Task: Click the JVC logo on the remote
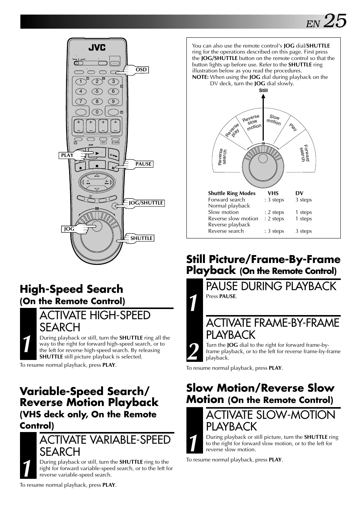point(97,48)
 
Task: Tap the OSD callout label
point(141,69)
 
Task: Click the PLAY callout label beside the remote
point(67,155)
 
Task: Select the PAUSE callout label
point(143,164)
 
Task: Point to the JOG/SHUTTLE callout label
point(146,203)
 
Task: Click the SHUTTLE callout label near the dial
point(142,238)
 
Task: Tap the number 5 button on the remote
point(97,91)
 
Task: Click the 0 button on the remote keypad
point(97,112)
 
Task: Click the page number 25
point(335,21)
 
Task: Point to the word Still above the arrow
point(263,91)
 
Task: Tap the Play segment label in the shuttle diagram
point(293,127)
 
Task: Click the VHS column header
point(273,193)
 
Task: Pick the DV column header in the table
point(299,193)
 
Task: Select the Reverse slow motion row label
point(233,218)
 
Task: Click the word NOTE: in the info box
point(200,77)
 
